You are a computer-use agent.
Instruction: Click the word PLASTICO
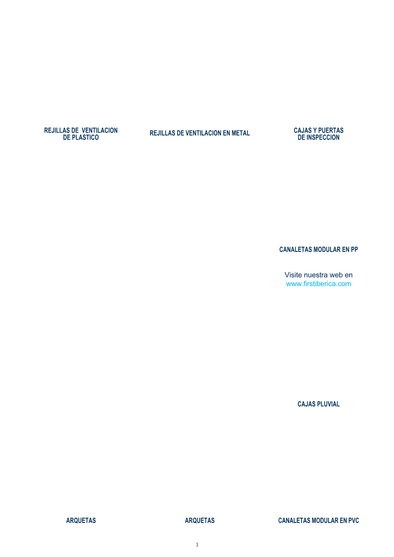click(x=85, y=137)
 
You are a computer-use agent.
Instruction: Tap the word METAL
click(x=241, y=133)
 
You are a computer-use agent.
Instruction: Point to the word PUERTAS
click(x=331, y=131)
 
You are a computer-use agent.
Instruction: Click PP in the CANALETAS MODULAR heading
click(x=354, y=250)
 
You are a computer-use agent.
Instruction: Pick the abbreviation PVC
click(x=353, y=521)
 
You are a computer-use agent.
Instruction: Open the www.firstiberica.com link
click(x=319, y=284)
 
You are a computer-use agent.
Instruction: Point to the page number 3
click(x=197, y=545)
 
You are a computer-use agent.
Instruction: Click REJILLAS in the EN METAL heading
click(x=162, y=133)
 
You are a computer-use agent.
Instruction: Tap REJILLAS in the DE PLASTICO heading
click(x=57, y=131)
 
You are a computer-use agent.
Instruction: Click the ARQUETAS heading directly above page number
click(x=200, y=521)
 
